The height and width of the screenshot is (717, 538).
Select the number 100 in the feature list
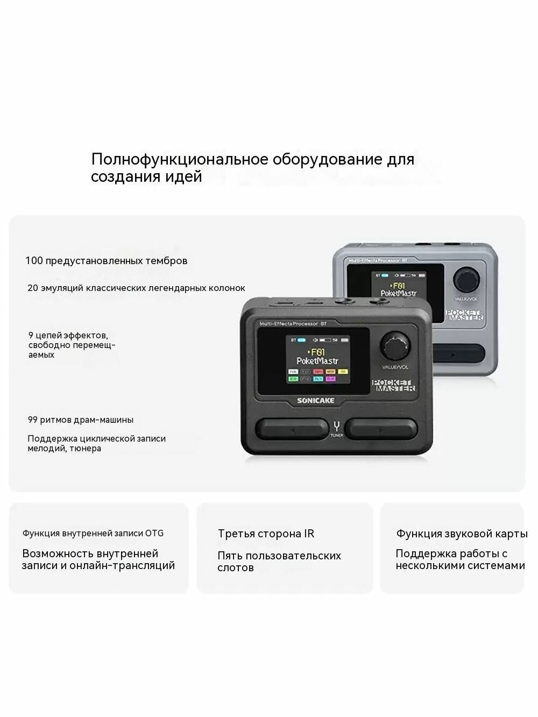(x=34, y=261)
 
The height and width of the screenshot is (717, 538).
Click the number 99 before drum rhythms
(x=33, y=420)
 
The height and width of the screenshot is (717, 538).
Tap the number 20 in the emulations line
(x=33, y=288)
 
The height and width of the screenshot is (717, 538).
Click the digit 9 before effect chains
(x=31, y=335)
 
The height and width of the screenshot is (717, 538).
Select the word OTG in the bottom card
(x=154, y=534)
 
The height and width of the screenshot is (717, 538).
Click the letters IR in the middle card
(x=309, y=534)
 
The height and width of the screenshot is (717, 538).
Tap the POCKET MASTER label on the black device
(x=394, y=385)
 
